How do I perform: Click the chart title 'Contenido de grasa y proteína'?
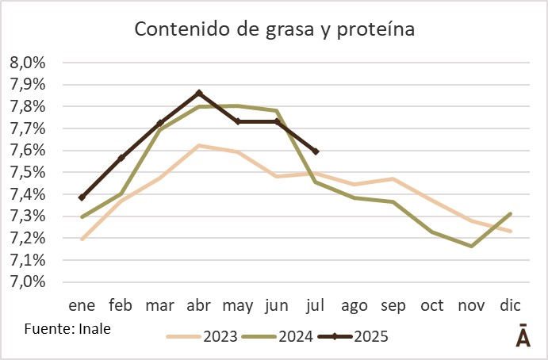tap(274, 29)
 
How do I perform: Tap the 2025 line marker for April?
tap(199, 93)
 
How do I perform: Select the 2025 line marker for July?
tap(316, 151)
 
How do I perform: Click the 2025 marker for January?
tap(82, 197)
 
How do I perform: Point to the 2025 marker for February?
tap(121, 158)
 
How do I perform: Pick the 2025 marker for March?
tap(160, 123)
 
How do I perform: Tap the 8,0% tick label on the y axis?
tap(28, 63)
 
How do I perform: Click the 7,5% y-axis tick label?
tap(28, 172)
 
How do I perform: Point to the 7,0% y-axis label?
tap(28, 281)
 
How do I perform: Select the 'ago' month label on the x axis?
tap(355, 306)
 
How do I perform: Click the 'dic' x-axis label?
tap(512, 306)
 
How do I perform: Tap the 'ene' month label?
tap(82, 306)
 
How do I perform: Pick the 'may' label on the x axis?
tap(238, 306)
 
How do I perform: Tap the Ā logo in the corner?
tap(523, 335)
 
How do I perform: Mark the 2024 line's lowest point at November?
tap(473, 246)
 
